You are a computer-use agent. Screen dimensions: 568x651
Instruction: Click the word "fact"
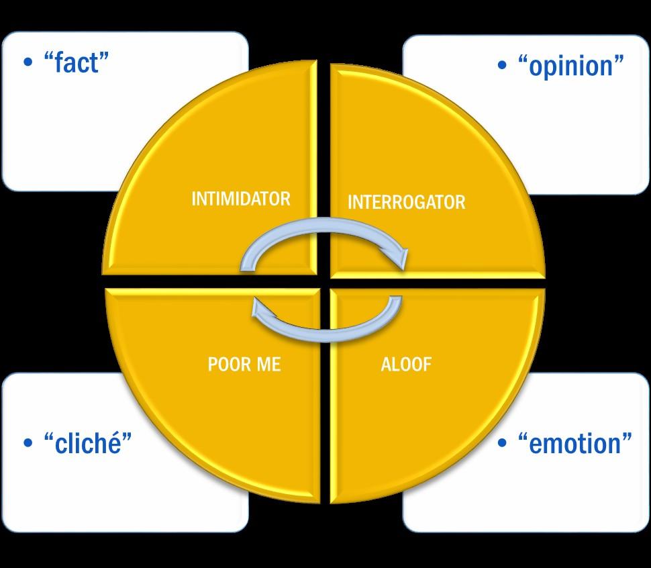[x=76, y=63]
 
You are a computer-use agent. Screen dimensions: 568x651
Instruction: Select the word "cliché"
[x=87, y=443]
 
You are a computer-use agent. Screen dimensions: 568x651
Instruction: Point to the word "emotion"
[x=575, y=443]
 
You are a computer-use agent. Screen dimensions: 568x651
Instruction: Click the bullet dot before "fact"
[x=28, y=63]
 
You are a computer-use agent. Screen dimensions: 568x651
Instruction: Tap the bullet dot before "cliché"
[x=28, y=443]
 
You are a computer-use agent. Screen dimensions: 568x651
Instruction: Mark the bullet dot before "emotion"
[x=502, y=443]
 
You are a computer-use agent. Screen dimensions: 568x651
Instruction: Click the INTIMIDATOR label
[x=241, y=199]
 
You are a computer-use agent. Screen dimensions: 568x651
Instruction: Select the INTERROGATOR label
[x=406, y=202]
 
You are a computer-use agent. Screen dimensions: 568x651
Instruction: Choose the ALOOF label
[x=406, y=365]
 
